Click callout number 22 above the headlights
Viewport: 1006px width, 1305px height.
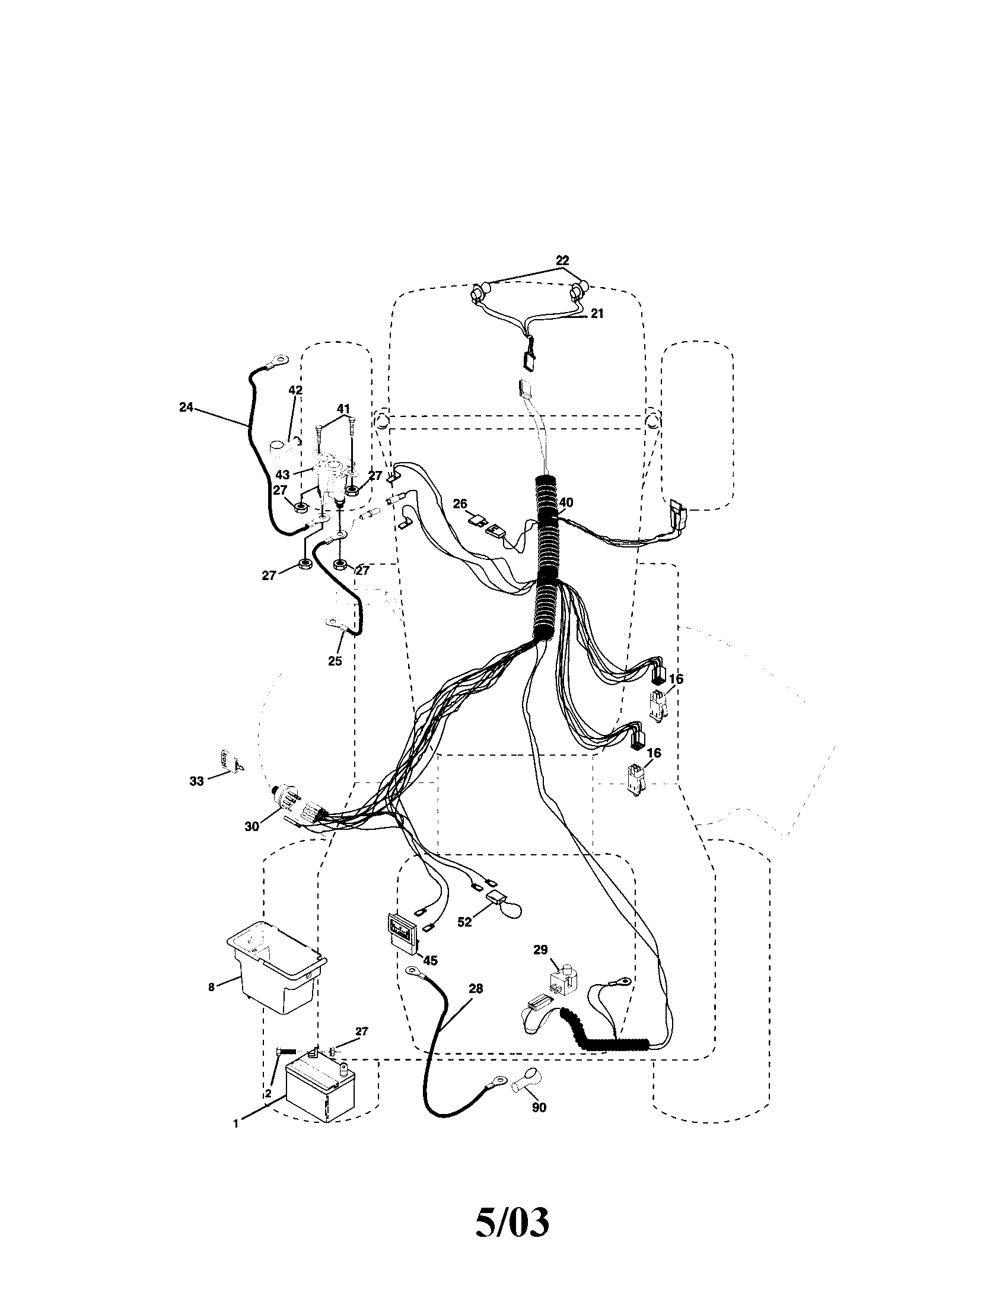[562, 260]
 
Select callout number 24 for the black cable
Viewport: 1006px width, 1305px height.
[186, 407]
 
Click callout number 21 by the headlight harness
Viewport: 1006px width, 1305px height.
[597, 314]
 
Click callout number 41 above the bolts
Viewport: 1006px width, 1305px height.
[343, 409]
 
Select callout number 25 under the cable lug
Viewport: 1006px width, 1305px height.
[335, 661]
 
